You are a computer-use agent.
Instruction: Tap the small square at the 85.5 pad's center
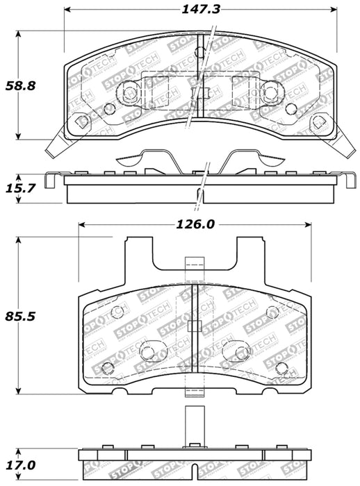coord(195,326)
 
